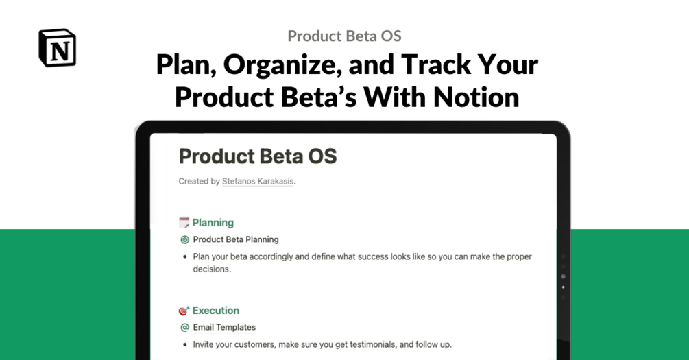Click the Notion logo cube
57,47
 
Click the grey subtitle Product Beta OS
344,36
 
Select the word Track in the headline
435,64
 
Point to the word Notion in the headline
476,97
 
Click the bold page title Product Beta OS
258,156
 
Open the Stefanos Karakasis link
258,181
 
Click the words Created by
199,181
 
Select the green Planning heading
213,223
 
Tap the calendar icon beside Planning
184,222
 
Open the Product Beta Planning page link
236,239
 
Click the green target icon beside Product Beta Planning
184,239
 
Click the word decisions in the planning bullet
211,269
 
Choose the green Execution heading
216,311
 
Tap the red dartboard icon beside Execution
184,311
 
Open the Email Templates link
224,328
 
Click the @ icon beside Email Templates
184,328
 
